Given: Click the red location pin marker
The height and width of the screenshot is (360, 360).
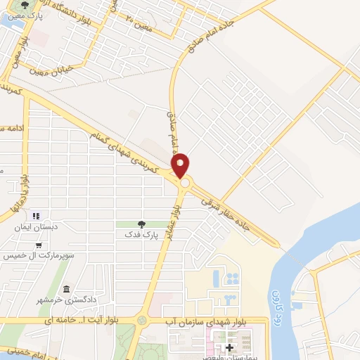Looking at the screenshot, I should click(181, 165).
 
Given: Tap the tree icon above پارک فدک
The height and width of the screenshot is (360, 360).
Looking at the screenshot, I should click(141, 224).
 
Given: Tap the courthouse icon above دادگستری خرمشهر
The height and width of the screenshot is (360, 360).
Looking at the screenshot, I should click(65, 290).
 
